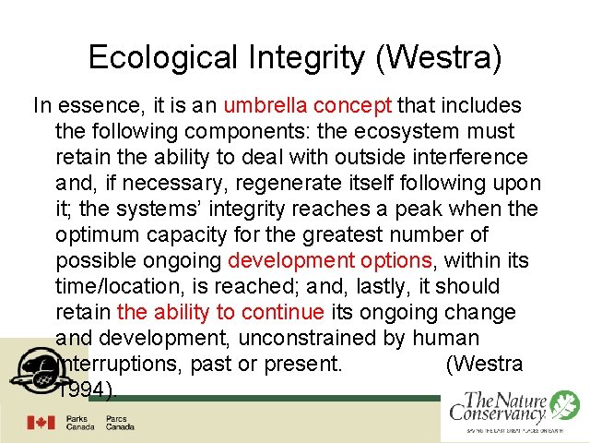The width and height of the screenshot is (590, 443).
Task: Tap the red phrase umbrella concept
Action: click(308, 105)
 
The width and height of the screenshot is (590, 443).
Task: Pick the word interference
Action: click(468, 157)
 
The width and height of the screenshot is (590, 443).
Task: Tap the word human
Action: click(446, 338)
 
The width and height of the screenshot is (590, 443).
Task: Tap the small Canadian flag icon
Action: click(41, 423)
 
